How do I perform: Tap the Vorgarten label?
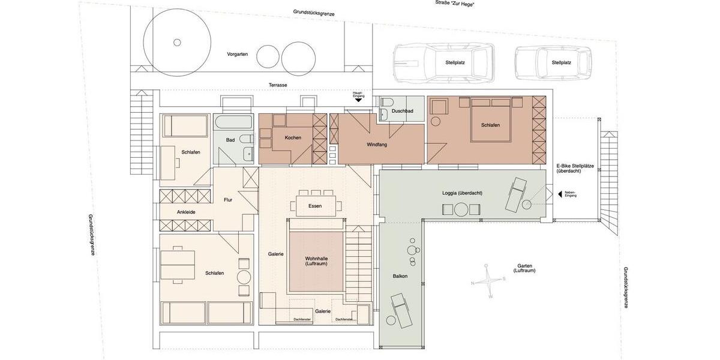[x=237, y=54]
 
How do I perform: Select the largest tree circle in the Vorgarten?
[x=177, y=42]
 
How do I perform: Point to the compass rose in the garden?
[x=490, y=280]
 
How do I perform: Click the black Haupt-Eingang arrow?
[x=359, y=100]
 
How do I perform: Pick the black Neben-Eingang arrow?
[x=560, y=194]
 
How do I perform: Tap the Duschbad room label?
[x=402, y=111]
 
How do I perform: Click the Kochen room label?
[x=293, y=138]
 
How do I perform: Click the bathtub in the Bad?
[x=233, y=124]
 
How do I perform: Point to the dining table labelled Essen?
[x=315, y=206]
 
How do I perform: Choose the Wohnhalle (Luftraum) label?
[x=316, y=262]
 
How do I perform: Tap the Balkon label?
[x=400, y=276]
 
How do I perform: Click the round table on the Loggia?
[x=461, y=209]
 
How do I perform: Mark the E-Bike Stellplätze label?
[x=574, y=168]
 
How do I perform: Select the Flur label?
[x=228, y=200]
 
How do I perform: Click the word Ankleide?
[x=186, y=212]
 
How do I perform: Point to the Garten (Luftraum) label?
[x=524, y=268]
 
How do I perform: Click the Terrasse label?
[x=277, y=85]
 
